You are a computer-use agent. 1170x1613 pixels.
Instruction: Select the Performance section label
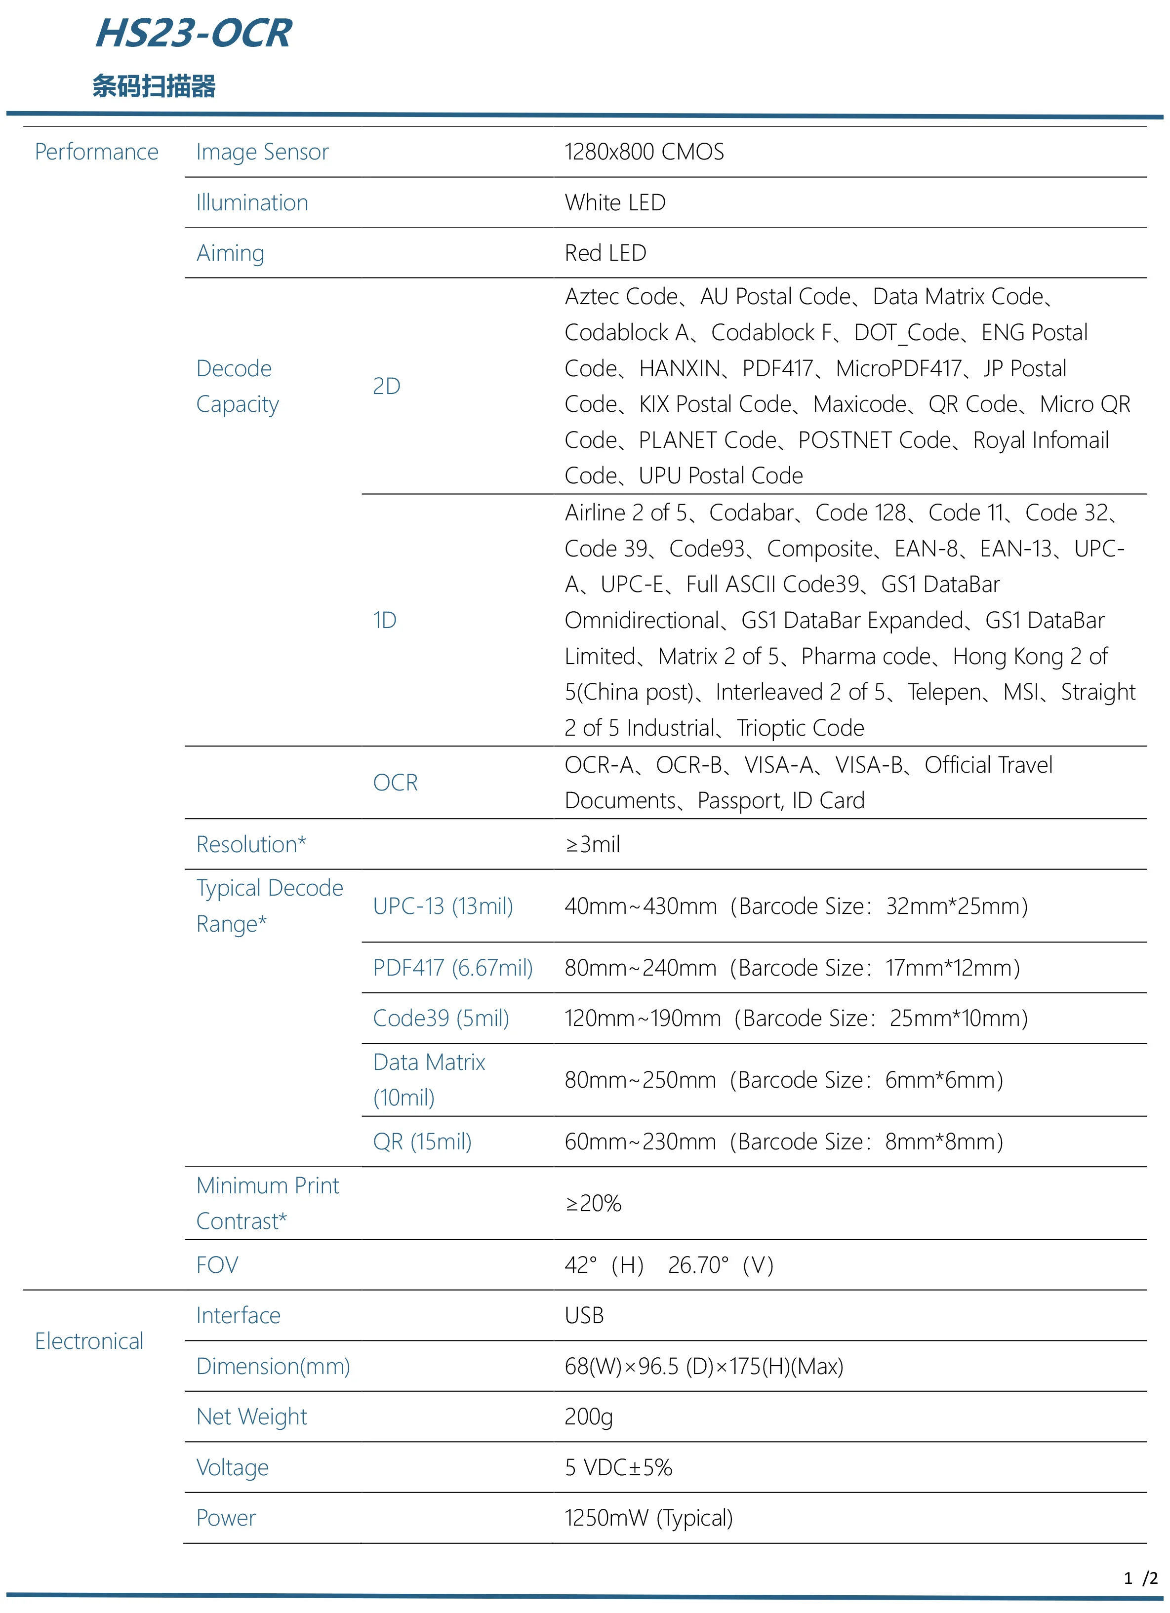click(x=97, y=152)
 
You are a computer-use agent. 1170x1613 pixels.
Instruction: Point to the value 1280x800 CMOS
click(x=644, y=152)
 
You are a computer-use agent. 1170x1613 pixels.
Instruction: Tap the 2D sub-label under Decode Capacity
click(x=386, y=386)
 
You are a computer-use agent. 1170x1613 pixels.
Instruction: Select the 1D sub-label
click(x=384, y=620)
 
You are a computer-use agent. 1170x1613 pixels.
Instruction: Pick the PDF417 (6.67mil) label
click(x=452, y=968)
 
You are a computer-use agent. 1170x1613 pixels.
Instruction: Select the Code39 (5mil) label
click(x=441, y=1019)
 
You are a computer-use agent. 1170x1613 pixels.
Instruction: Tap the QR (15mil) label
click(x=422, y=1141)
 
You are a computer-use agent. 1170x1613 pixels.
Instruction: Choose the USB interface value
click(x=584, y=1316)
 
